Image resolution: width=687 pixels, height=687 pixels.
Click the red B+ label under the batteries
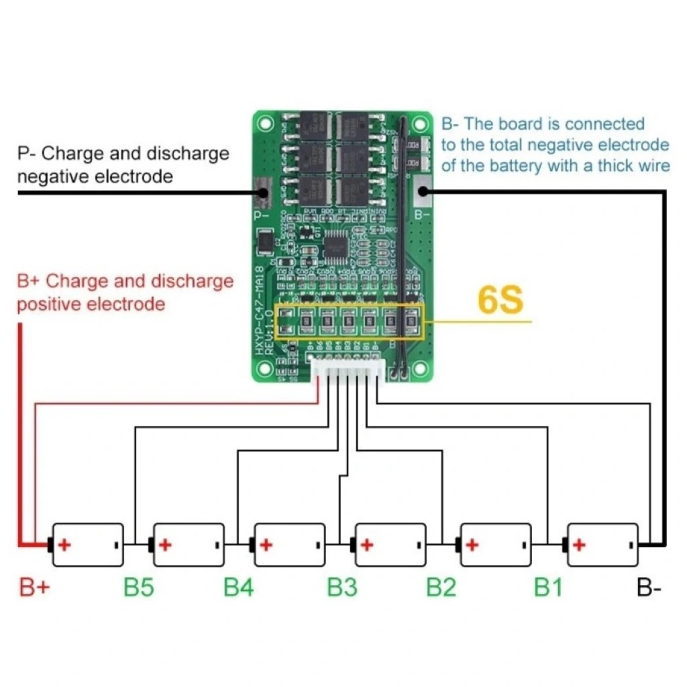pos(34,588)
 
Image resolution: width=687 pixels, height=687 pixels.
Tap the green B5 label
pos(139,588)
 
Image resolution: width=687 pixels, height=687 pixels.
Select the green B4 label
pos(239,588)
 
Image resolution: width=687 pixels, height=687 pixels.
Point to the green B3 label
pos(342,588)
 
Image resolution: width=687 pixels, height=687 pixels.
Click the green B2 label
pos(441,588)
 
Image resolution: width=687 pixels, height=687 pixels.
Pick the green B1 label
pos(548,588)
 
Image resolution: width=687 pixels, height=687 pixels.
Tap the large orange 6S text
pos(500,301)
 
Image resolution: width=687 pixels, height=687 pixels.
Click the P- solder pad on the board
pos(262,193)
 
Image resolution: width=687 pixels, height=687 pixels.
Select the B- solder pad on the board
pos(422,193)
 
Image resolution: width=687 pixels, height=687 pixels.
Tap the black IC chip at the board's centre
pos(335,248)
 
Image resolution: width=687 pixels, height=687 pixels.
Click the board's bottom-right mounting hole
pos(420,368)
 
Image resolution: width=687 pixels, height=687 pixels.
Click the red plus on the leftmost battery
pos(64,544)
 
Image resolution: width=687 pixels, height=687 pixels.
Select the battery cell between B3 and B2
pos(391,545)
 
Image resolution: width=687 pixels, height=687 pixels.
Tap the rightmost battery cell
pos(602,545)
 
